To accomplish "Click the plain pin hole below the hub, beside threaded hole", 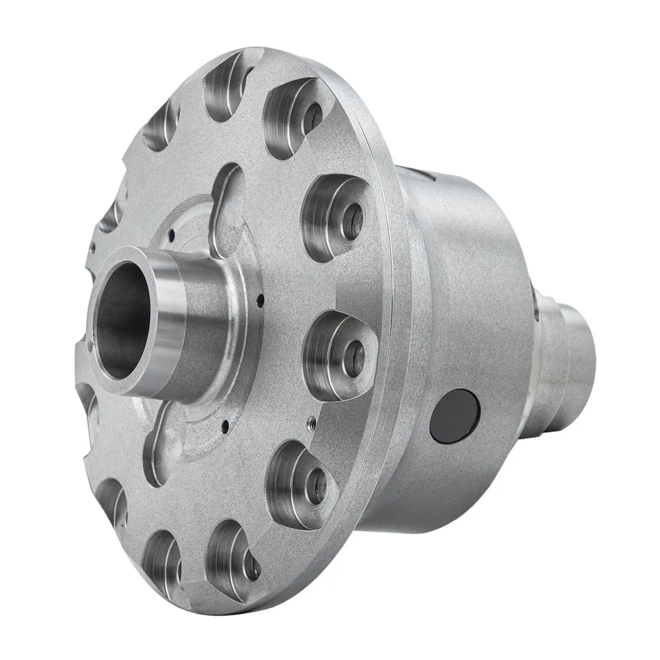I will pyautogui.click(x=226, y=424).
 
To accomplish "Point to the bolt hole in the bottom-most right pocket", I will pyautogui.click(x=254, y=566).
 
